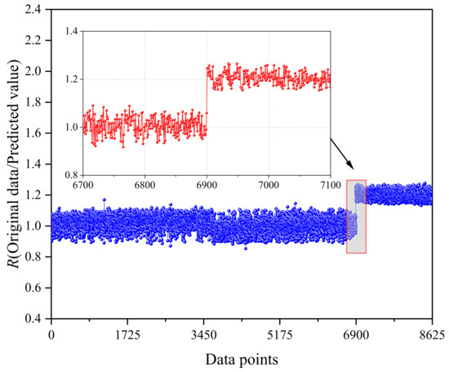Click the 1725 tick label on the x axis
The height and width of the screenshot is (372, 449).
[127, 334]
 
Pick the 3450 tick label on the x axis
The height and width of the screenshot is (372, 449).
[203, 334]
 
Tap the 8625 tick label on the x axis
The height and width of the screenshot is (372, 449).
[432, 334]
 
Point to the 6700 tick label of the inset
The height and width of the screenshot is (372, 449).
[83, 185]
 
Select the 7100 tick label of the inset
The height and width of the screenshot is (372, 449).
[329, 185]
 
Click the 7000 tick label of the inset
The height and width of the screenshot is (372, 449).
[268, 185]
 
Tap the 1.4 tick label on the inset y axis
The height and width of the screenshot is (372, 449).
[71, 31]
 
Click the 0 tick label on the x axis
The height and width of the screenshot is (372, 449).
[51, 334]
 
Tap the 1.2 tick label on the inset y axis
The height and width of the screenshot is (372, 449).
[71, 79]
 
